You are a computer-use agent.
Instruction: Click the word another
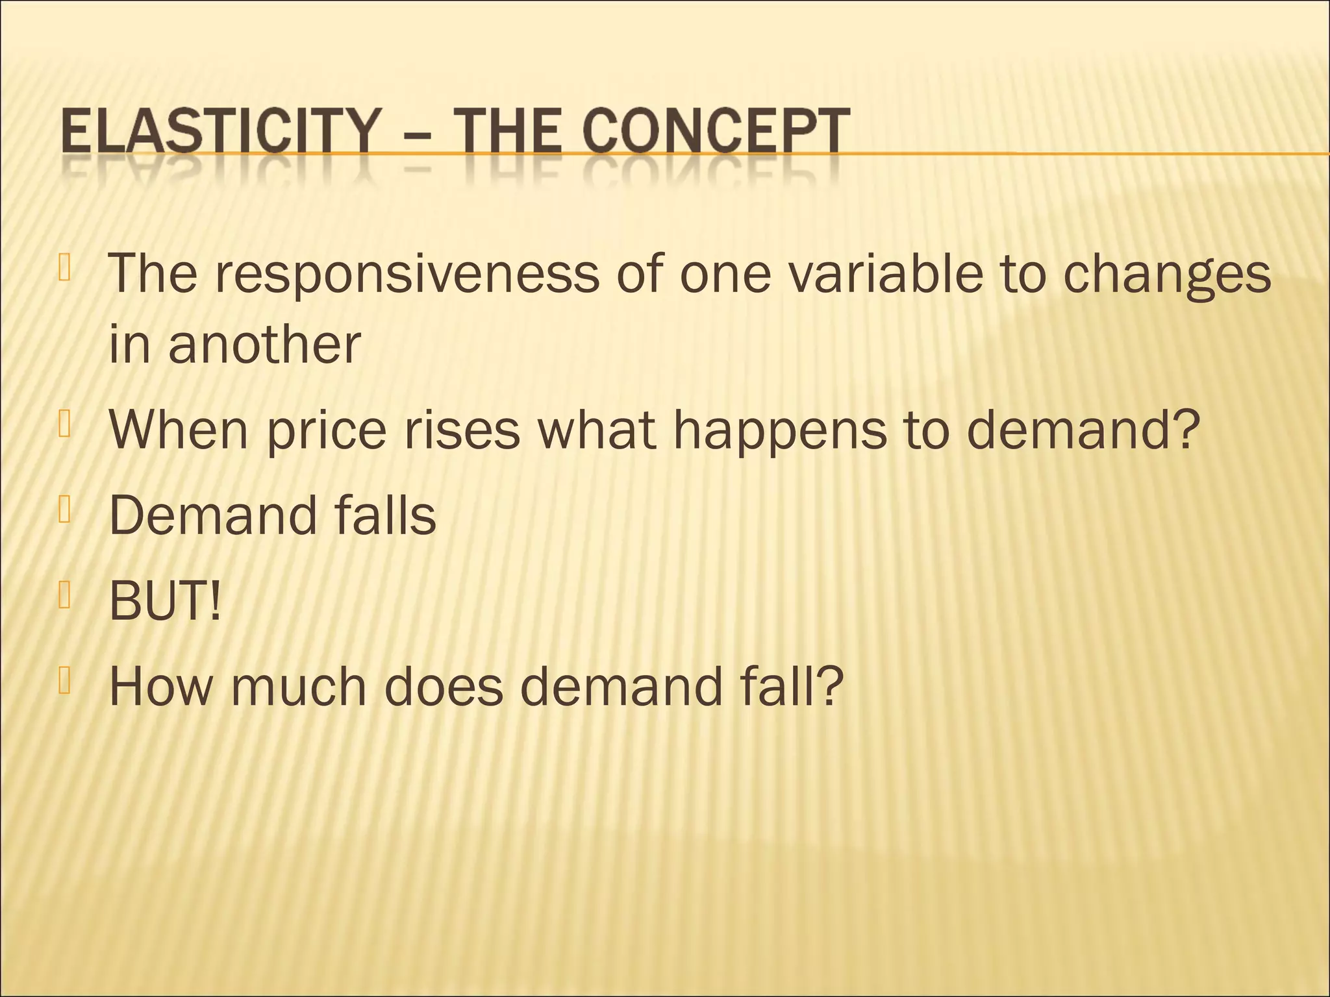[264, 344]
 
